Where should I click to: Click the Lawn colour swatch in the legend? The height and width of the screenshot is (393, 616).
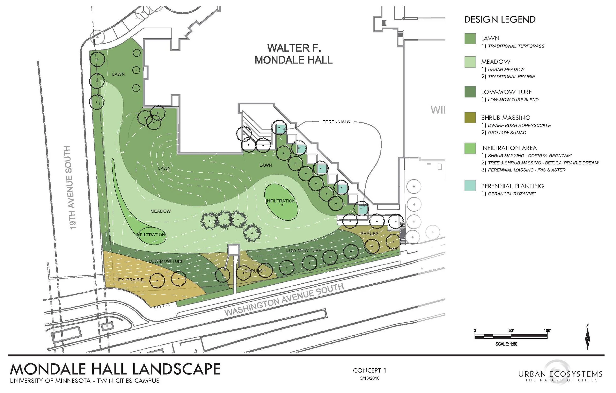click(470, 39)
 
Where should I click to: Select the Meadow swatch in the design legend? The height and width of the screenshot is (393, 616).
click(470, 62)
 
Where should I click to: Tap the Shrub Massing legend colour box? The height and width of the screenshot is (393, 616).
click(470, 118)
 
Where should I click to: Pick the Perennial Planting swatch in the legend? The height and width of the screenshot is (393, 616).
click(470, 186)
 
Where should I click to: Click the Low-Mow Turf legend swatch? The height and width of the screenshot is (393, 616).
click(470, 92)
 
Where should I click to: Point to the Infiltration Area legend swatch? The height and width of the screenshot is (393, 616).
click(470, 148)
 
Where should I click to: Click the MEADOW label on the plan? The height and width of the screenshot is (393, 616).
click(160, 211)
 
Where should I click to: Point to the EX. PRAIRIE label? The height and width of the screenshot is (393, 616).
click(131, 280)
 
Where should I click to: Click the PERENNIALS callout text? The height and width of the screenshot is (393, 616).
click(336, 122)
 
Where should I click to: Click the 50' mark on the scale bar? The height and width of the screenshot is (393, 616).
click(511, 331)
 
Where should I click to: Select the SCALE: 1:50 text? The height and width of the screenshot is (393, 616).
click(506, 344)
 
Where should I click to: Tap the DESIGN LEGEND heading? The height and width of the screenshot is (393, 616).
click(500, 20)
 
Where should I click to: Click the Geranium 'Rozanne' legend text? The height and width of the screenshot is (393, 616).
click(511, 194)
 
